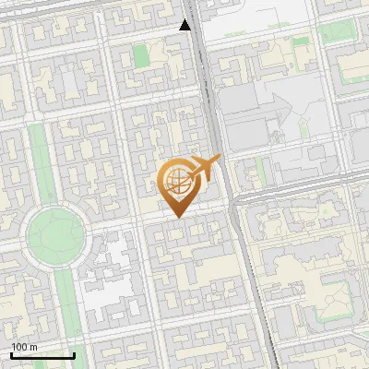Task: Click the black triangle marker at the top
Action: pos(185,25)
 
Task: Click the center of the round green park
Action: pos(54,234)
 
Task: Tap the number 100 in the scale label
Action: pos(19,347)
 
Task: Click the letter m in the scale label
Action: pos(34,347)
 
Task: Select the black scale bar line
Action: pos(42,355)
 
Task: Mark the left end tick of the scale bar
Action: pos(11,353)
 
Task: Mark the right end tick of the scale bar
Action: pos(74,353)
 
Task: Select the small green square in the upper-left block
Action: pos(140,55)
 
